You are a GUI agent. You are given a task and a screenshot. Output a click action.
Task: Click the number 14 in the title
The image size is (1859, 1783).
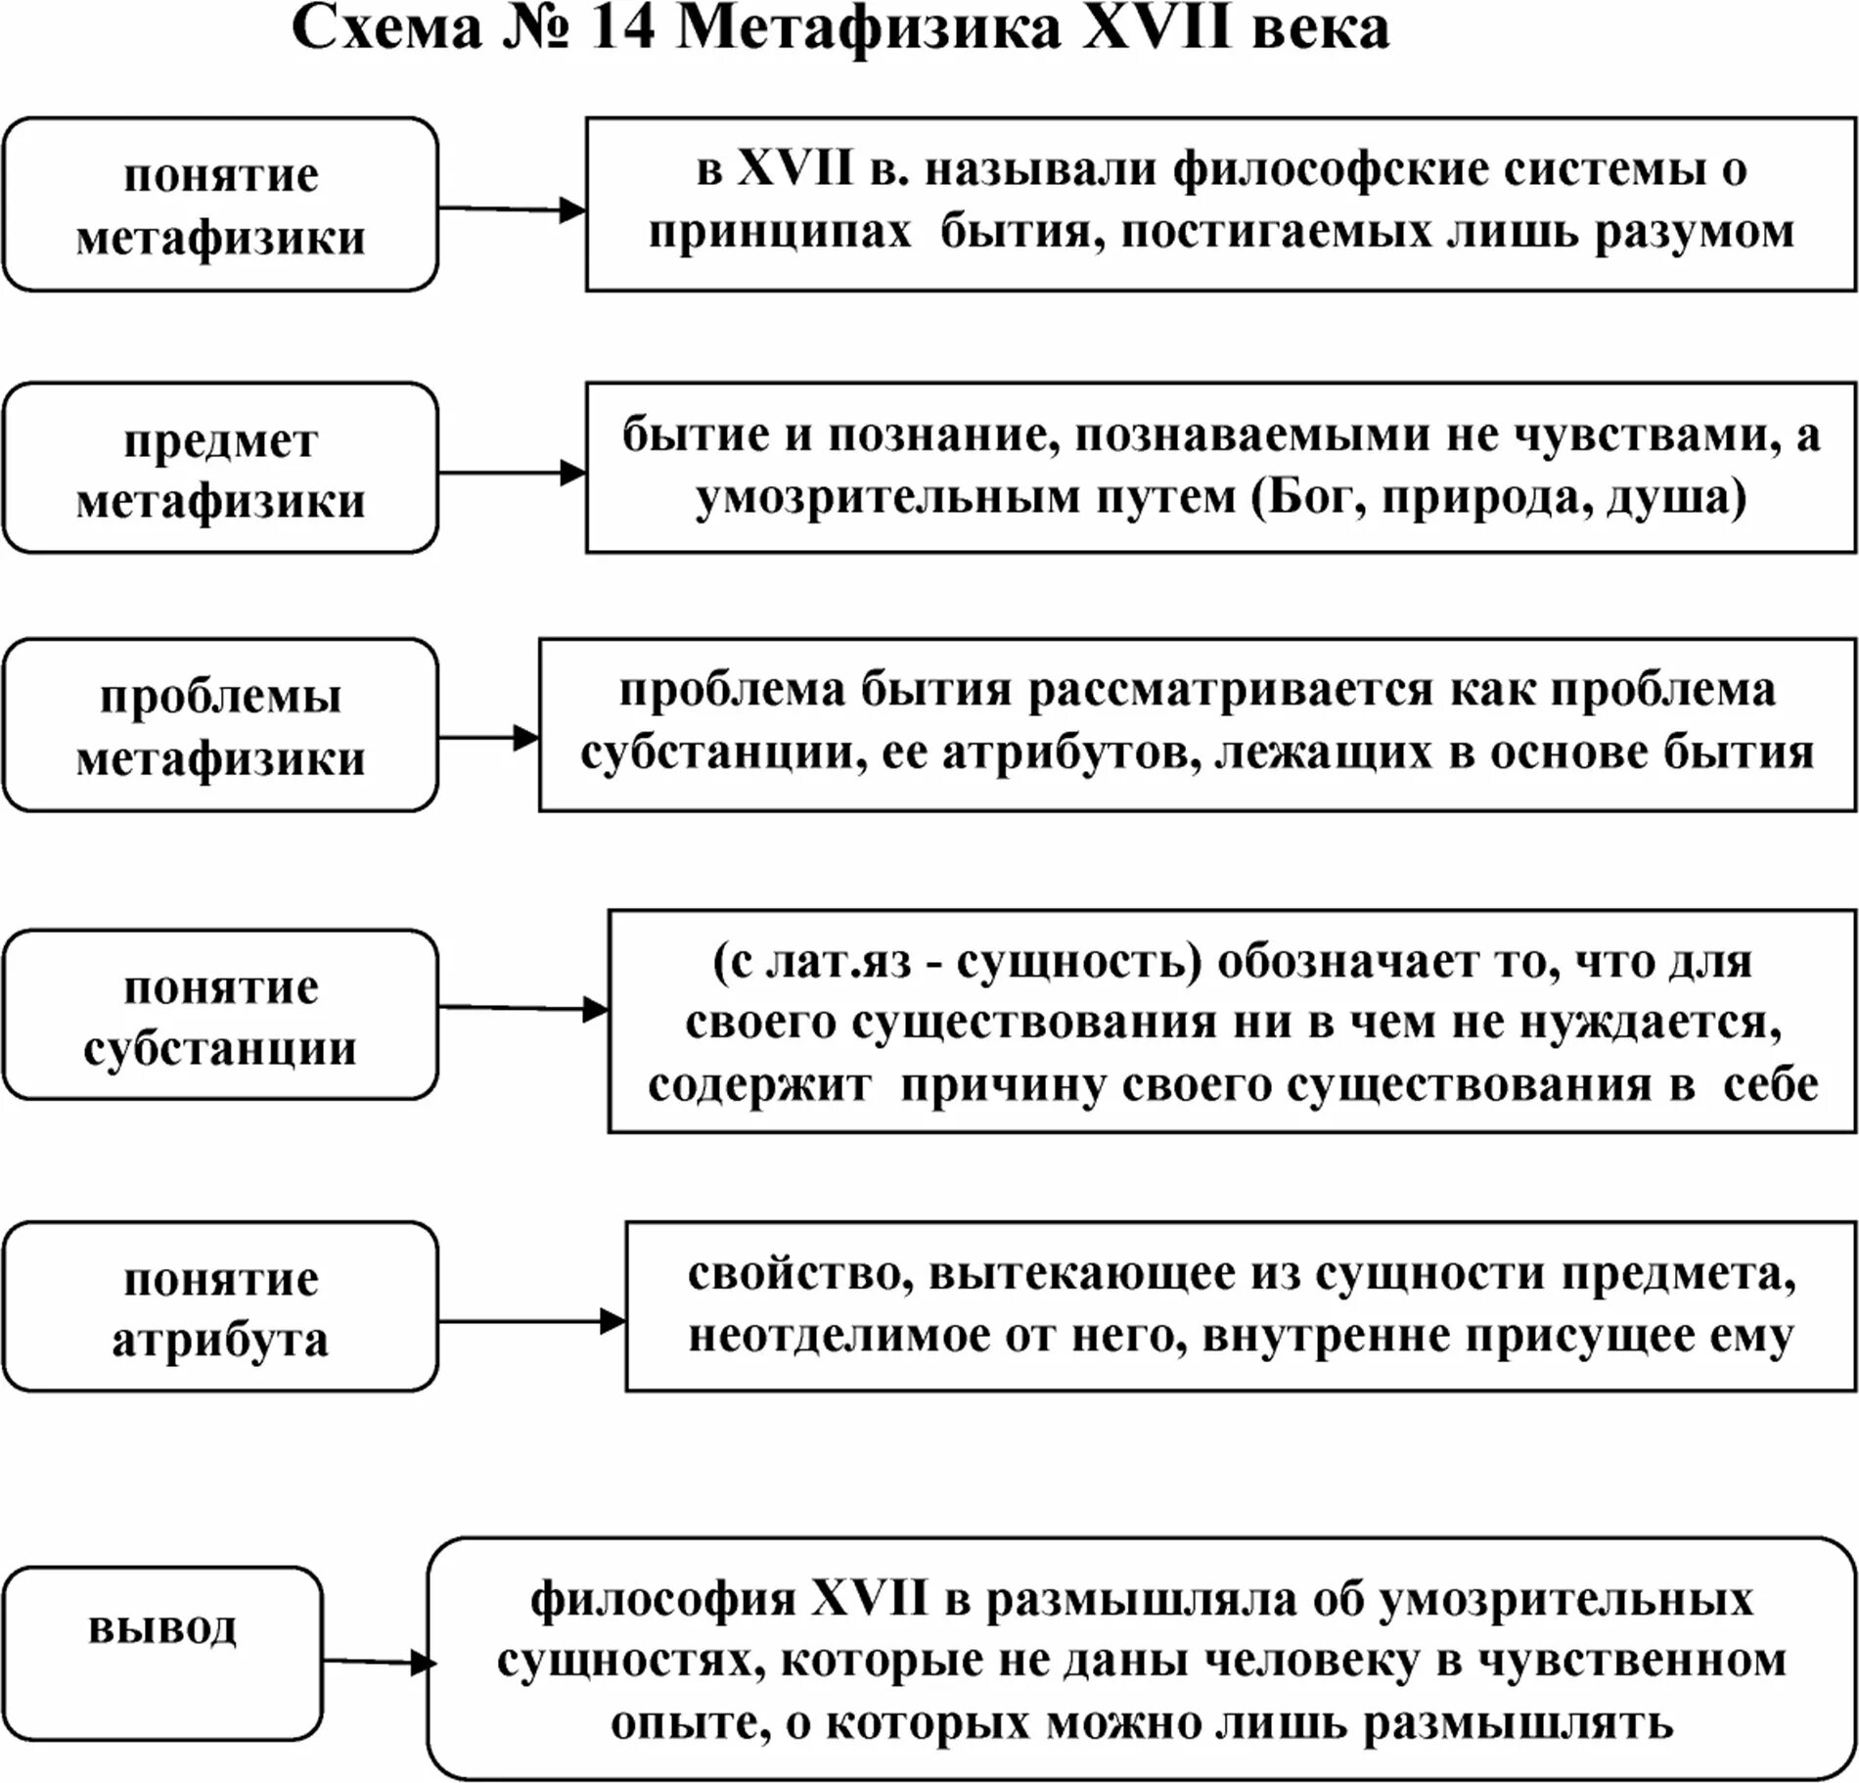(x=622, y=29)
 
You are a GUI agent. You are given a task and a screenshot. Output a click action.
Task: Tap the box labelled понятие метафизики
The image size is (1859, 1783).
(x=220, y=205)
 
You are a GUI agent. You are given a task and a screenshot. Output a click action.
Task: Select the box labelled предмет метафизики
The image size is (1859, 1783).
(x=220, y=469)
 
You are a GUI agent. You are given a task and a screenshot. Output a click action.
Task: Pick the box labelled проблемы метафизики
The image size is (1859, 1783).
(x=220, y=726)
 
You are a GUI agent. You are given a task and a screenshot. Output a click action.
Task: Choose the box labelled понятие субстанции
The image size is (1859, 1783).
(x=220, y=1016)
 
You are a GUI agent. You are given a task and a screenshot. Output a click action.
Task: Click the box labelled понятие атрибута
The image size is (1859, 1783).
(x=220, y=1307)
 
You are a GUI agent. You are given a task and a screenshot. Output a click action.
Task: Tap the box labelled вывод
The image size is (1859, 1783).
(x=162, y=1653)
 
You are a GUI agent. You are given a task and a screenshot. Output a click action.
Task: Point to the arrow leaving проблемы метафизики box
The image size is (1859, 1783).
(x=488, y=738)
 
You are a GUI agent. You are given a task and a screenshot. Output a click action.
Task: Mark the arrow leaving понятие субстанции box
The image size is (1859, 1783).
(x=522, y=1009)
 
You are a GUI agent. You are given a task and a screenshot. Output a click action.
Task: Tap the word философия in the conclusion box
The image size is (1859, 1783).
(x=663, y=1600)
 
